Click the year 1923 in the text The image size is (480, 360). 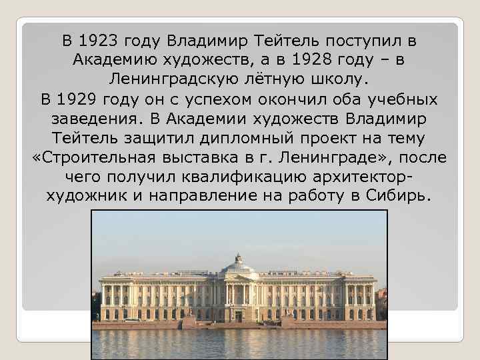coord(103,40)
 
